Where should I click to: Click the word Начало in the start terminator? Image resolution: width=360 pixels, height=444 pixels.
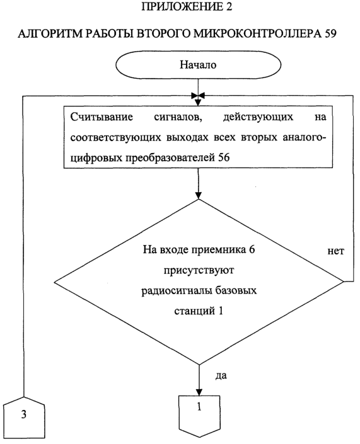198,65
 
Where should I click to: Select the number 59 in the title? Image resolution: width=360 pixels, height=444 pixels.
330,34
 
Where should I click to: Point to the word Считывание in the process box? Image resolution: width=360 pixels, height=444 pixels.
102,117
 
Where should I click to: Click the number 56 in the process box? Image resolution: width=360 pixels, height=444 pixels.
224,157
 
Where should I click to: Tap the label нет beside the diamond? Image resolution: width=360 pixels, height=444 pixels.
336,251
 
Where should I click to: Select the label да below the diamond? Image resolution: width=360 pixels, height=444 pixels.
221,375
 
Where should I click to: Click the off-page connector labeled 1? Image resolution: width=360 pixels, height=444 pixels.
199,416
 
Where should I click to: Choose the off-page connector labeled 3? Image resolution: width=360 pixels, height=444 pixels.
24,418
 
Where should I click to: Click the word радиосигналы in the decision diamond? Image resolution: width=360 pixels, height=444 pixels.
178,291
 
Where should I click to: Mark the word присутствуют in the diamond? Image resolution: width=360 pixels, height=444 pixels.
199,270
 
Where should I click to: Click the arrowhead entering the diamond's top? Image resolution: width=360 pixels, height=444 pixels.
199,195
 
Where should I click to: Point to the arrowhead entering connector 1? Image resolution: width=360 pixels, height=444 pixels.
199,392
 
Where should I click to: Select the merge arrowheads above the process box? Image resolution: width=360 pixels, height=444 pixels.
198,96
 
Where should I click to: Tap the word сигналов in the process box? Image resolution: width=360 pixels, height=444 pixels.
178,117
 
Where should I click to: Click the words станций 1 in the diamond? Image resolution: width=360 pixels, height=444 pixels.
199,311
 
